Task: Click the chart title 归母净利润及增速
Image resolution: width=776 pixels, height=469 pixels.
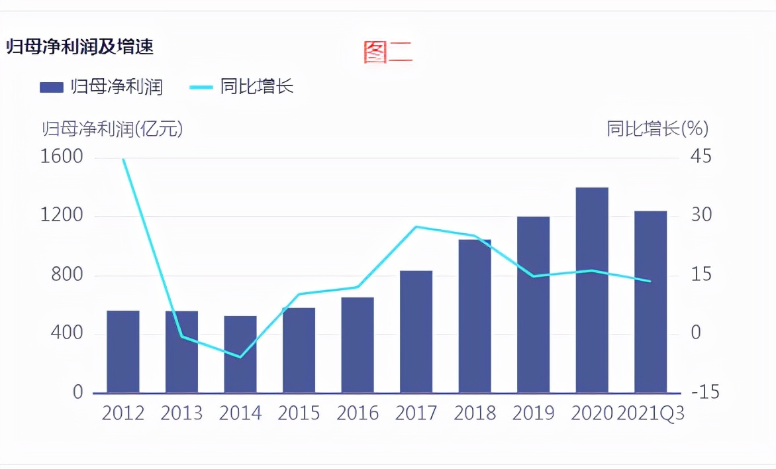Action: [79, 48]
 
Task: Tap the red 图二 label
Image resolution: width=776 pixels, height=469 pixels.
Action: [387, 52]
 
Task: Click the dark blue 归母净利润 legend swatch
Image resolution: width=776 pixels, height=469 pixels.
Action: [51, 87]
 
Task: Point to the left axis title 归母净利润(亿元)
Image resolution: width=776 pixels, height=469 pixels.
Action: [112, 129]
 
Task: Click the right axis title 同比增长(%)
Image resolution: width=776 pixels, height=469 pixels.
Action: [657, 129]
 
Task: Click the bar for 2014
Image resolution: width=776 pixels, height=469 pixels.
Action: [240, 354]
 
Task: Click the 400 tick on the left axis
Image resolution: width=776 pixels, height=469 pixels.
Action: [68, 333]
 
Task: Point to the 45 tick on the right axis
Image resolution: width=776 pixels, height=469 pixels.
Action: [701, 157]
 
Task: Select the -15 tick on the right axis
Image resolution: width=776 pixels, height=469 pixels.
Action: [704, 392]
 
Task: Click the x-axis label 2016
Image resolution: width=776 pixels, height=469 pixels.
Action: [358, 413]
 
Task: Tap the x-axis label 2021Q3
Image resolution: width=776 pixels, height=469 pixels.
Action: [650, 413]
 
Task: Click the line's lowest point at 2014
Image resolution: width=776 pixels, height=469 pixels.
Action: [240, 357]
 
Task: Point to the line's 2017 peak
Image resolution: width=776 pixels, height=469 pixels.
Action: [416, 227]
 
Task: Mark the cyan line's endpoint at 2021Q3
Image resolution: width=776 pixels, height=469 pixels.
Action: [650, 281]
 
